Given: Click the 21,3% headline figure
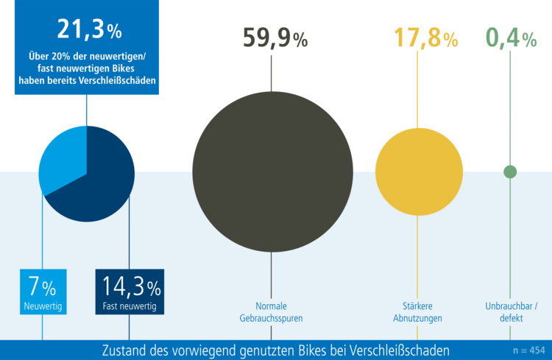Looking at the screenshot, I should click(89, 30).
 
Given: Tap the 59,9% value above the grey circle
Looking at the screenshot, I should click(275, 38).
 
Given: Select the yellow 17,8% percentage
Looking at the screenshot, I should click(417, 38).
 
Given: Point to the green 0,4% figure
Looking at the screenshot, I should click(511, 38).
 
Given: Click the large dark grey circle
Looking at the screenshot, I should click(272, 169).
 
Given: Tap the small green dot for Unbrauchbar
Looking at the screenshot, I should click(510, 172).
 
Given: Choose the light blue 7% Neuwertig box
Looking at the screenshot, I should click(43, 292).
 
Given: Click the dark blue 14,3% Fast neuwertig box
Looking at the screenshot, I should click(130, 292).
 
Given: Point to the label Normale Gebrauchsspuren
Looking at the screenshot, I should click(271, 312).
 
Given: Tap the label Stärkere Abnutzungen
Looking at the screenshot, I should click(417, 312).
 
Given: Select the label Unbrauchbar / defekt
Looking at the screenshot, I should click(511, 312).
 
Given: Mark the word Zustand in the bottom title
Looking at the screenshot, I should click(124, 350).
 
